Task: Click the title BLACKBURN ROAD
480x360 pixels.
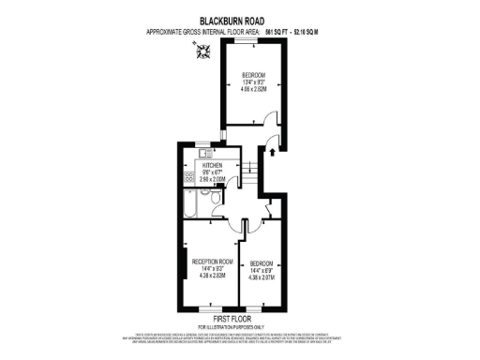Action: click(x=240, y=20)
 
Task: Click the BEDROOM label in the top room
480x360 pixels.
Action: click(x=254, y=76)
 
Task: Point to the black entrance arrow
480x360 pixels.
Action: click(x=272, y=147)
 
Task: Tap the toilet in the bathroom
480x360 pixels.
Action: click(x=215, y=198)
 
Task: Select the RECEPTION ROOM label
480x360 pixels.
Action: click(x=211, y=261)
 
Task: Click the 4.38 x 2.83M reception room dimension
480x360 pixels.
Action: click(x=211, y=276)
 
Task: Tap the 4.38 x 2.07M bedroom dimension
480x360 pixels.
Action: click(x=261, y=277)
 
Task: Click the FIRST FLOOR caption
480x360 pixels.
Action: click(x=240, y=318)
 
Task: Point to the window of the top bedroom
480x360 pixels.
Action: click(x=247, y=44)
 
